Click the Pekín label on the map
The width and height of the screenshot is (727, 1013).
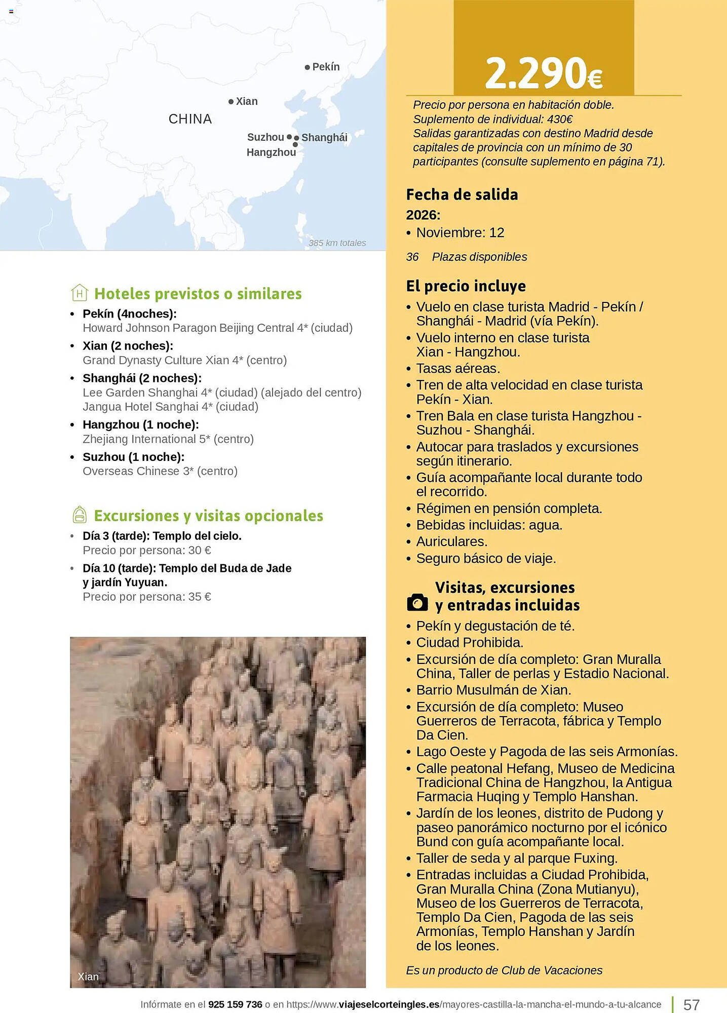coord(326,67)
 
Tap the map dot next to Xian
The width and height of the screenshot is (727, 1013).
coord(231,102)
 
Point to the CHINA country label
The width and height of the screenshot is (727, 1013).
coord(190,119)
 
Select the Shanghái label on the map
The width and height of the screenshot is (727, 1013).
coord(324,138)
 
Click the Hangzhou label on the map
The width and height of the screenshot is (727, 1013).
coord(271,152)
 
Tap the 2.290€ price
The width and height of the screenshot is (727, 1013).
coord(543,73)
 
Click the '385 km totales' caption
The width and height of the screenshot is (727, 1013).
coord(337,243)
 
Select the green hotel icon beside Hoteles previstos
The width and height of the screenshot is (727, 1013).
coord(80,293)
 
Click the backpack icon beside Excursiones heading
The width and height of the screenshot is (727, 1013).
coord(80,515)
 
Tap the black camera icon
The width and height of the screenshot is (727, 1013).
coord(417,602)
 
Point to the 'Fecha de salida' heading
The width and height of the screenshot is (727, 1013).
coord(462,194)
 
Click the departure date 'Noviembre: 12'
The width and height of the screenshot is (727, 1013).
coord(460,233)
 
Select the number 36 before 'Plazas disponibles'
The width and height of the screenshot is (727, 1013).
coord(412,257)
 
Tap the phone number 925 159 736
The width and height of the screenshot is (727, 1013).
coord(235,1004)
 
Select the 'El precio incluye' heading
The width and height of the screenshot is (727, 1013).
coord(466,286)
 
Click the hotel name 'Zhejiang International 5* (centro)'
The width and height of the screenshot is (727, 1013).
coord(168,439)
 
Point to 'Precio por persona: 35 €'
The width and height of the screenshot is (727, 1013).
coord(147,597)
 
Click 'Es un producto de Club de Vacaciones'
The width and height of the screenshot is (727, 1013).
coord(504,970)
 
